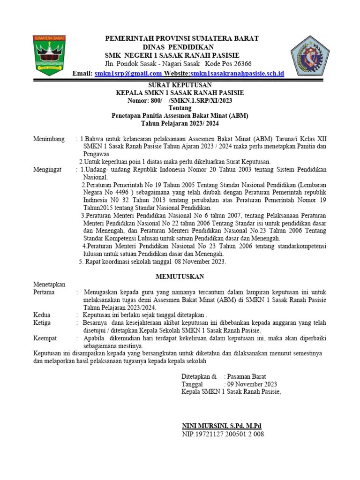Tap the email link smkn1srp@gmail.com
(128, 74)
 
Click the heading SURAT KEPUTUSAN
(180, 85)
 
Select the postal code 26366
(240, 64)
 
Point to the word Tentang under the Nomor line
(180, 108)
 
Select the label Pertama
(44, 292)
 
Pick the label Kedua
(42, 315)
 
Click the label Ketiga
(42, 323)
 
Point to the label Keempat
(45, 338)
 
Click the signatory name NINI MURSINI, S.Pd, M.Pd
(221, 426)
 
